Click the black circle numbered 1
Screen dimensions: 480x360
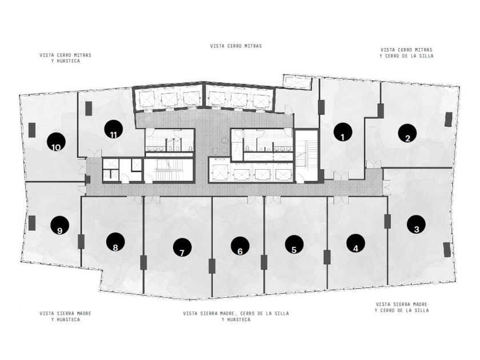(343, 132)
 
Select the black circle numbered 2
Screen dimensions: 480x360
(407, 133)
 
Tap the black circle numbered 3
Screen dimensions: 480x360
(416, 225)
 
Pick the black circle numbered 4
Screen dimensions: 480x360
(355, 243)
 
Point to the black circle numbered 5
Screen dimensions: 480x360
(294, 245)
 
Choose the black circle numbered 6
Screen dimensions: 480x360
(241, 246)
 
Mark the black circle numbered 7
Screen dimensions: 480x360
(182, 247)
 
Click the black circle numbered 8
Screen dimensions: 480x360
(115, 242)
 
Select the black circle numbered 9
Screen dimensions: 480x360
(59, 225)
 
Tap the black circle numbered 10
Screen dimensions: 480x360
(57, 142)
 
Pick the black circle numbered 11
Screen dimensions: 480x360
(114, 129)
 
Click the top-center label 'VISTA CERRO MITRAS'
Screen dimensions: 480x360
(236, 46)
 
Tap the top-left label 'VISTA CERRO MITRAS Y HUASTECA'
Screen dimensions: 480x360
(66, 58)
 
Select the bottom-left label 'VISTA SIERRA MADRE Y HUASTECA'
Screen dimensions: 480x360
(66, 316)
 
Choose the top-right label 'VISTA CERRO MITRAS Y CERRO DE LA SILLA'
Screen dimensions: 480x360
(406, 53)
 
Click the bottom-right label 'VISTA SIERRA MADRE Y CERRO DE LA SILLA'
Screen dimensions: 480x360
(402, 307)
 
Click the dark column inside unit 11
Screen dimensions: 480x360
(88, 109)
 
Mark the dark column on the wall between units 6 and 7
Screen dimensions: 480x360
(211, 266)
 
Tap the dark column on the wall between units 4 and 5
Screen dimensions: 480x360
(327, 257)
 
